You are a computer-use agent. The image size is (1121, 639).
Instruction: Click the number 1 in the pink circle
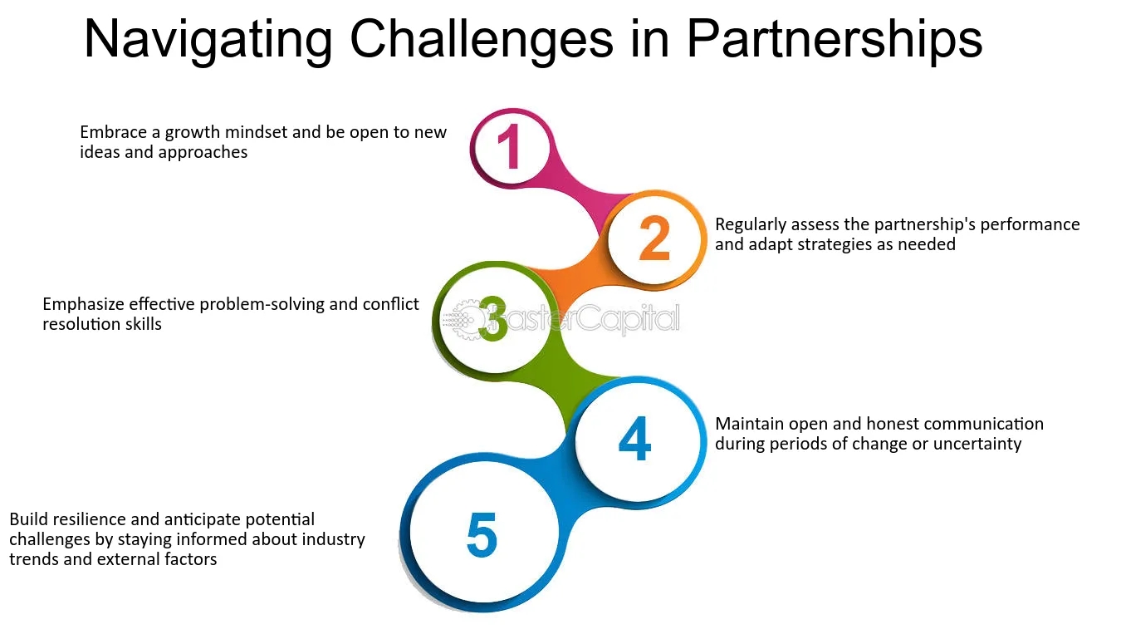pos(508,147)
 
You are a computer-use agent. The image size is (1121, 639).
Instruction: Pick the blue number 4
pos(634,440)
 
